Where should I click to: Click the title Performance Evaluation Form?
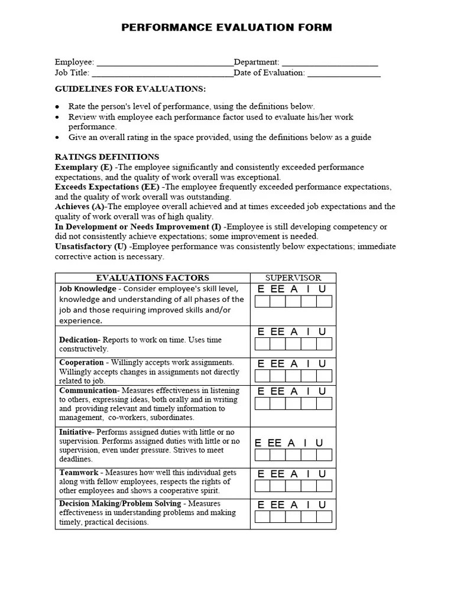click(x=226, y=28)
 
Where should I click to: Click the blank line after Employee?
click(x=164, y=63)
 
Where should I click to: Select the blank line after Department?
click(x=329, y=63)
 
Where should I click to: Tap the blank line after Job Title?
click(x=163, y=73)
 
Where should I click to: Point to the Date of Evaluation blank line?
click(x=343, y=73)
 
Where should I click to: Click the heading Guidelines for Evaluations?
click(x=130, y=89)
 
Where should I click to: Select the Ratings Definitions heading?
click(x=107, y=157)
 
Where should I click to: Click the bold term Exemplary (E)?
click(x=83, y=167)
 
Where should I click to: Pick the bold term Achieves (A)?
click(x=80, y=207)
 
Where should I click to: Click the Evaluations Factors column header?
click(x=153, y=278)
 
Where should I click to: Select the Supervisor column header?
click(x=293, y=278)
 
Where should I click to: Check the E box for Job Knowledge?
click(x=262, y=302)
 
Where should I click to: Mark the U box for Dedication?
click(x=324, y=344)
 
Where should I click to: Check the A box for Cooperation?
click(x=293, y=376)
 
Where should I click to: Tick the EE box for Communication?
click(x=278, y=404)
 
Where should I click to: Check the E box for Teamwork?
click(x=262, y=486)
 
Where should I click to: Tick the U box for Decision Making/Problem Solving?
click(x=324, y=517)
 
